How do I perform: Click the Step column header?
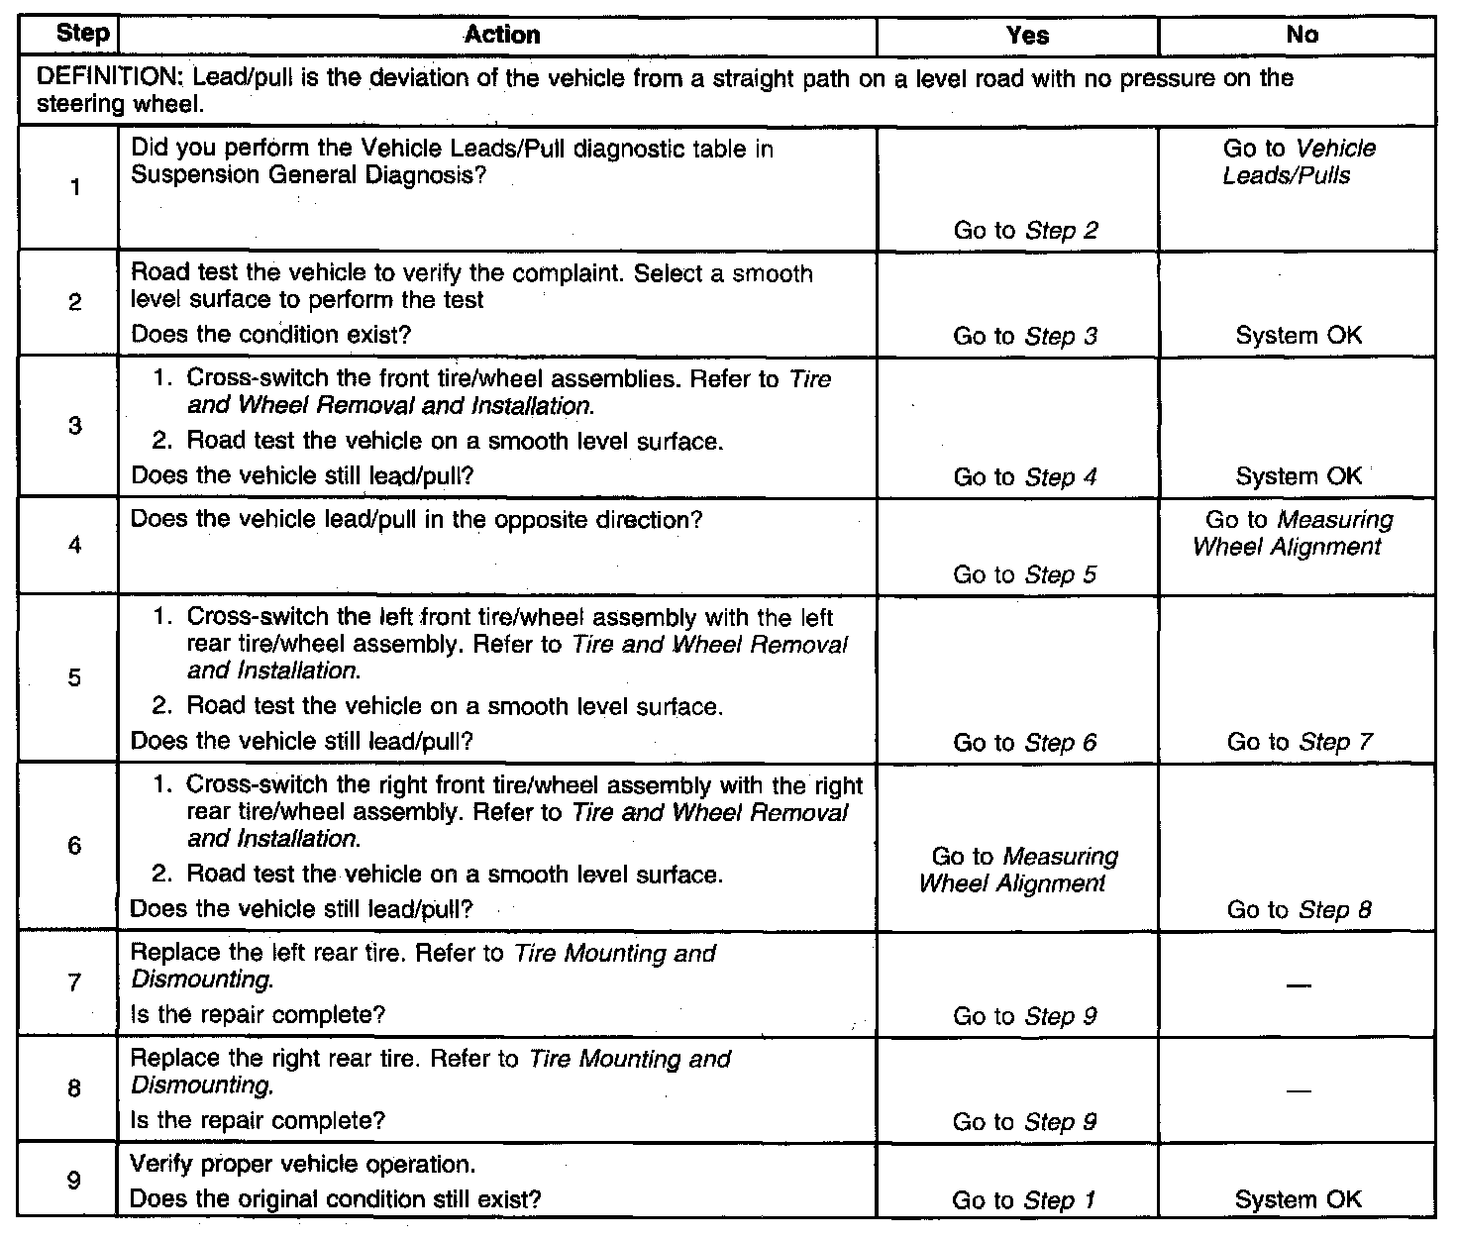[82, 34]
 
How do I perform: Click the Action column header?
[502, 35]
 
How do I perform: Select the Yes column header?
[1027, 35]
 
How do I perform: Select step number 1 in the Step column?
[75, 187]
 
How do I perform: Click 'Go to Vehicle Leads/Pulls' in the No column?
[1299, 162]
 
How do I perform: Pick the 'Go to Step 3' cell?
[1025, 336]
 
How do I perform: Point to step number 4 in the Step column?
[75, 545]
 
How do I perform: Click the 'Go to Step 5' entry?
[1025, 574]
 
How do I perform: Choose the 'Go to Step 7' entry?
[1300, 742]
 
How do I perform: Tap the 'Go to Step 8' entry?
[1300, 909]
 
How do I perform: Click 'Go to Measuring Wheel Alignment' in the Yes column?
[1018, 870]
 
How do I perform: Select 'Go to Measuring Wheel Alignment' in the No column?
[1292, 533]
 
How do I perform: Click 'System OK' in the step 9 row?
[1299, 1200]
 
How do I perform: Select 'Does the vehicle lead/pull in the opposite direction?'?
[416, 519]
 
